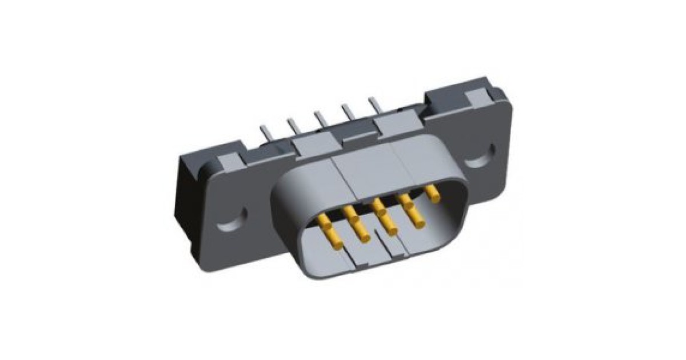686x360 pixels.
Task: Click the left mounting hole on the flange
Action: [x=236, y=217]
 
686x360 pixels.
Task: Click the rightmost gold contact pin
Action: [x=433, y=194]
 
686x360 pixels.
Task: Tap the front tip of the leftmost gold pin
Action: [x=337, y=244]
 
